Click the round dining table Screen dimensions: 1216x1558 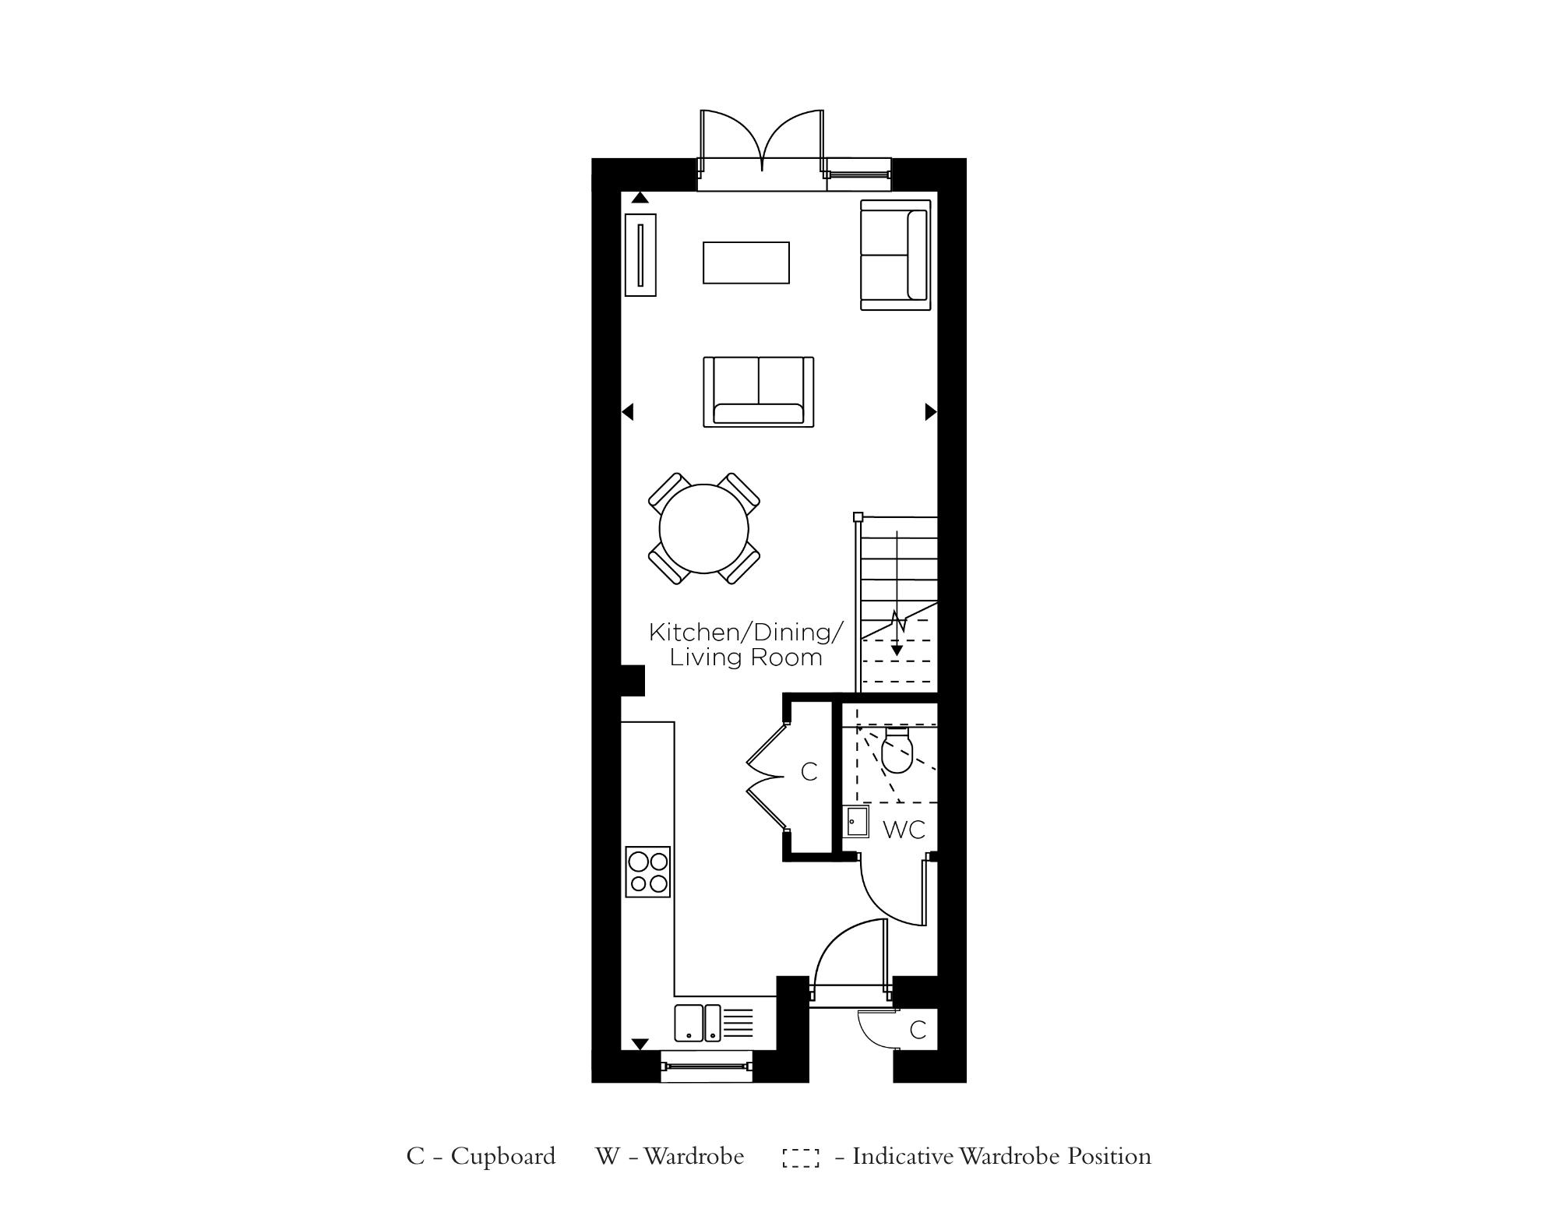point(703,529)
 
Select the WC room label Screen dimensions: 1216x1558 point(904,830)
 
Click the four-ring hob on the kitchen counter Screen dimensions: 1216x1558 point(648,871)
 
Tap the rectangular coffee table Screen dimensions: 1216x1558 point(746,263)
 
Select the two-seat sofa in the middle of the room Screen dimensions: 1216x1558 point(758,392)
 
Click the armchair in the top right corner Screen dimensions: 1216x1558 point(895,255)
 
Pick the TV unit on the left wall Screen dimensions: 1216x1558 point(640,255)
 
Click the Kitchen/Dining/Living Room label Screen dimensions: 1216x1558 point(746,644)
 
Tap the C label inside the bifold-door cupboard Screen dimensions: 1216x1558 point(809,772)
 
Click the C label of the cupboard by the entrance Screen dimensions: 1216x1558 point(918,1030)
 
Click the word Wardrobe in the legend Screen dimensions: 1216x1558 point(693,1156)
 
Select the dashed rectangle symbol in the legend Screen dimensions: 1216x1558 point(801,1158)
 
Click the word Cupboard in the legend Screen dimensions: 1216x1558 point(503,1156)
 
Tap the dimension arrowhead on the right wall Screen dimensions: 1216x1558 point(930,411)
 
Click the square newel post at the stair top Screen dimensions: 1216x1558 point(858,516)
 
